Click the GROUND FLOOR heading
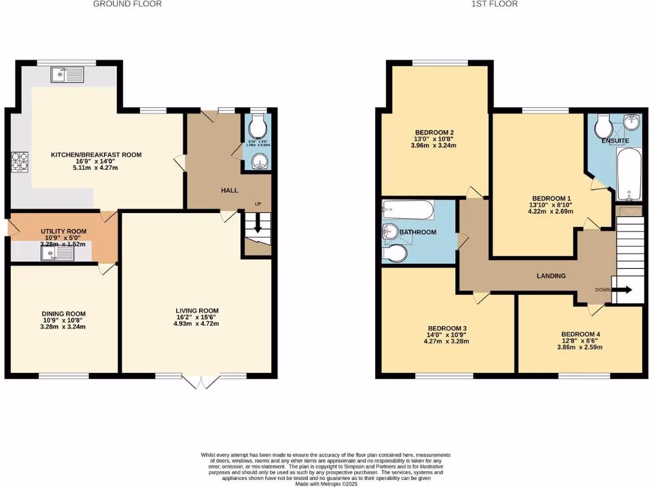pyautogui.click(x=127, y=4)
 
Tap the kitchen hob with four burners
pyautogui.click(x=20, y=162)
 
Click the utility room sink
pyautogui.click(x=57, y=253)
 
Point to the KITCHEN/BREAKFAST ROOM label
pyautogui.click(x=96, y=155)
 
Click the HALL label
pyautogui.click(x=229, y=190)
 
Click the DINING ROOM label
pyautogui.click(x=63, y=314)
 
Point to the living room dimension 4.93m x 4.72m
pyautogui.click(x=196, y=324)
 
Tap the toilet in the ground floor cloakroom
pyautogui.click(x=257, y=129)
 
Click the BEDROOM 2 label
pyautogui.click(x=431, y=133)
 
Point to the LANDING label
pyautogui.click(x=550, y=276)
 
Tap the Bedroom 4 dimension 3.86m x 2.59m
pyautogui.click(x=579, y=347)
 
